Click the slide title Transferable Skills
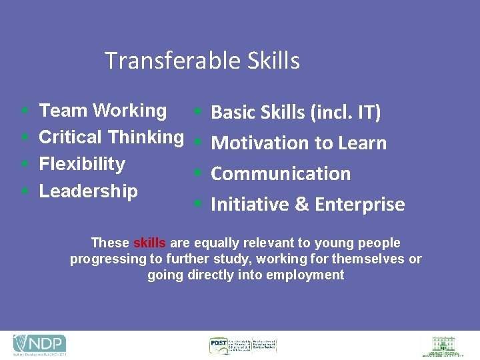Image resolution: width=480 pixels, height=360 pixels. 202,61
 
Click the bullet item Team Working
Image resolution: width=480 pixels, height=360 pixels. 103,111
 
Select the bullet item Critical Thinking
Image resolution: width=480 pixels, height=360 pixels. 111,137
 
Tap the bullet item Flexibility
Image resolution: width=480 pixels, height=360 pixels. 82,164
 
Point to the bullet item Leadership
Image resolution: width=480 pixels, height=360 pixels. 88,191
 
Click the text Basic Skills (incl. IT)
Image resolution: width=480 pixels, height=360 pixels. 295,113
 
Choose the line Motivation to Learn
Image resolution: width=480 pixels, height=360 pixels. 298,143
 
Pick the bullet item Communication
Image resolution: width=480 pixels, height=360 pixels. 280,173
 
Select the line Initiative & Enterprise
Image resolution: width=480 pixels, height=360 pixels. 307,204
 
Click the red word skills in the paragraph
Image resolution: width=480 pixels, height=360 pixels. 149,243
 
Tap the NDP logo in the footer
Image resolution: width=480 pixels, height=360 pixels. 40,345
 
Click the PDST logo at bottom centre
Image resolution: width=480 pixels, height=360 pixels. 243,345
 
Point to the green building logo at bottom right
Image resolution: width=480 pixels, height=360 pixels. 443,345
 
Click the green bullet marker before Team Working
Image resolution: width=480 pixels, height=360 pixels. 24,111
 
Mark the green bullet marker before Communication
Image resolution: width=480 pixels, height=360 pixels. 197,173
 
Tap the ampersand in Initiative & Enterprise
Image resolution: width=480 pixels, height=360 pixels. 302,204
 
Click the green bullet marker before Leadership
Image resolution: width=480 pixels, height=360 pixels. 24,191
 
